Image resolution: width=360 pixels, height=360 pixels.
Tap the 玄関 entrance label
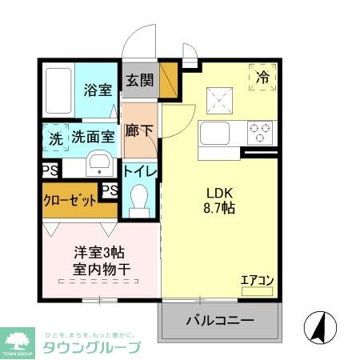140,80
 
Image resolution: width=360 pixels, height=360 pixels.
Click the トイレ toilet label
140,170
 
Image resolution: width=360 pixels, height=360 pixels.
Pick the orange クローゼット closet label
69,201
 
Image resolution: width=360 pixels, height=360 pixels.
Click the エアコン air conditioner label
258,280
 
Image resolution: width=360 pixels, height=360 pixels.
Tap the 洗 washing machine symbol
55,137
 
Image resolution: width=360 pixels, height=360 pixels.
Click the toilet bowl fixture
140,198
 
